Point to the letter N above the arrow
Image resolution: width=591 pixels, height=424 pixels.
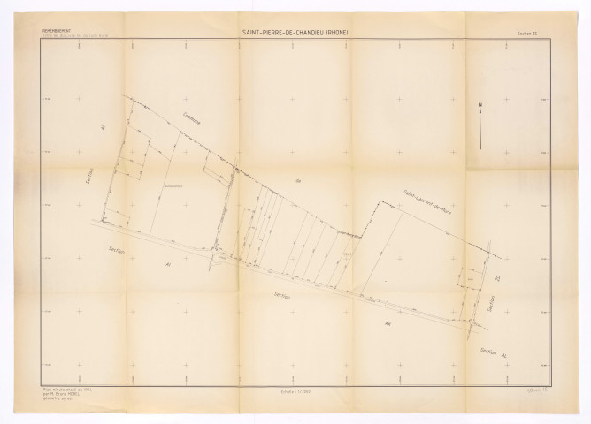pyautogui.click(x=480, y=106)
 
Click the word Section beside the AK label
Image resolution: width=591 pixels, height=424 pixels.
pyautogui.click(x=282, y=296)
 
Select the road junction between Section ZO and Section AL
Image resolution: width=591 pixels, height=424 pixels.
pyautogui.click(x=479, y=325)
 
